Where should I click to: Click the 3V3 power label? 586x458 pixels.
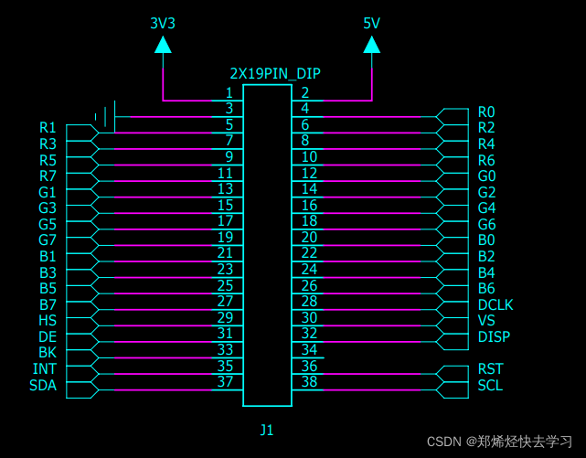pyautogui.click(x=162, y=23)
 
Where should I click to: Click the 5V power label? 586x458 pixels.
pyautogui.click(x=371, y=23)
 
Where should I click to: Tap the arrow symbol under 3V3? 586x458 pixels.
pyautogui.click(x=163, y=44)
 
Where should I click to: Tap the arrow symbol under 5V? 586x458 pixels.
pyautogui.click(x=371, y=44)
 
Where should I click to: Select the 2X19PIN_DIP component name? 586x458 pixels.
pyautogui.click(x=275, y=73)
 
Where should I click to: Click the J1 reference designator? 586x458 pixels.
pyautogui.click(x=266, y=429)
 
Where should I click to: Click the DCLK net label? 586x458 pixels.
pyautogui.click(x=495, y=304)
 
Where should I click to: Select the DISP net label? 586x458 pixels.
pyautogui.click(x=494, y=336)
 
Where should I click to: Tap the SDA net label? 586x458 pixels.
pyautogui.click(x=42, y=385)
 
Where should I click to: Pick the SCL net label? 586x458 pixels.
pyautogui.click(x=490, y=385)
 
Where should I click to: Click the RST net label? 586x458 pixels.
pyautogui.click(x=490, y=368)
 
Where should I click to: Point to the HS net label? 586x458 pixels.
pyautogui.click(x=48, y=320)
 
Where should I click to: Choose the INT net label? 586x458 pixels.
pyautogui.click(x=44, y=368)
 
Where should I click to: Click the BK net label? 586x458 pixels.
pyautogui.click(x=48, y=352)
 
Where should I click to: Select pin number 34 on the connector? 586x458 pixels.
pyautogui.click(x=309, y=349)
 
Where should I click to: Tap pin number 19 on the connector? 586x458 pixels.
pyautogui.click(x=225, y=237)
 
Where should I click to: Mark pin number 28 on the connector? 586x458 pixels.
pyautogui.click(x=309, y=301)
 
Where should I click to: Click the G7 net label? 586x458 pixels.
pyautogui.click(x=48, y=240)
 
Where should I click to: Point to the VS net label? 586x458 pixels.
pyautogui.click(x=486, y=320)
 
